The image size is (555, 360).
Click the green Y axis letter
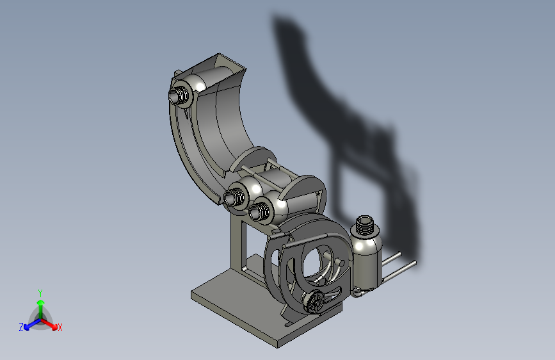[40, 293]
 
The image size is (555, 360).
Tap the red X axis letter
[60, 327]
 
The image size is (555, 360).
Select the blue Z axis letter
[21, 327]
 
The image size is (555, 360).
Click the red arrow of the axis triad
[49, 324]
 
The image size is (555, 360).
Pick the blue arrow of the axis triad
[32, 324]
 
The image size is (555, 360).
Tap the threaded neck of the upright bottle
[365, 225]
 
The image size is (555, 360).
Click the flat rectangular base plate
[248, 312]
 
